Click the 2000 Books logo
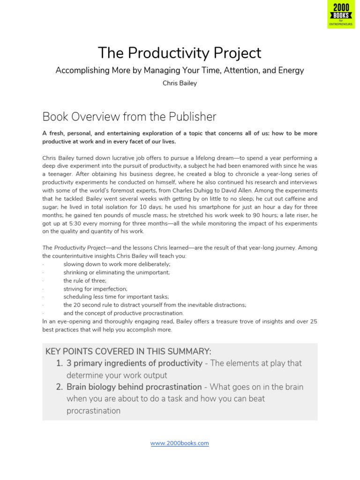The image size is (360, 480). click(343, 15)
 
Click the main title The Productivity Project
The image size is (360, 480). click(180, 52)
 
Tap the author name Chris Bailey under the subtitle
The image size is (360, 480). click(180, 83)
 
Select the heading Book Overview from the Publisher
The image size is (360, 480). click(129, 116)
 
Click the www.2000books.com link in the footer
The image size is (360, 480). click(180, 443)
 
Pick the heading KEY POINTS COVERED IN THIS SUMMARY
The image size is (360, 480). click(128, 352)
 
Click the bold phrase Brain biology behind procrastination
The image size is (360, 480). click(134, 387)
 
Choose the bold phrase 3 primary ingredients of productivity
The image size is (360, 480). click(135, 363)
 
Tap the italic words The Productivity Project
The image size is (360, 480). click(73, 247)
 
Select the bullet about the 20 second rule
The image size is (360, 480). click(155, 305)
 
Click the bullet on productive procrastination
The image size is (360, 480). click(124, 313)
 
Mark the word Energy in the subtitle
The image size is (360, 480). click(291, 70)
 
